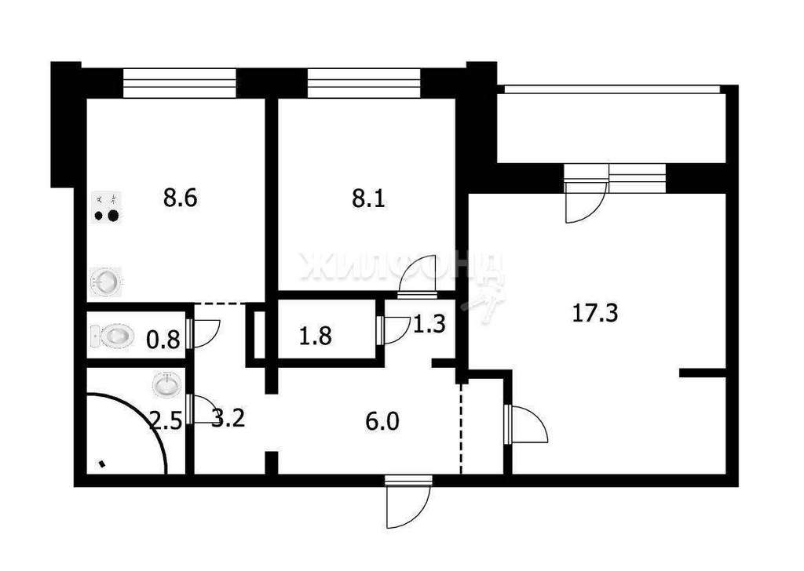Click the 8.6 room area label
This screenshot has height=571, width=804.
[x=181, y=198]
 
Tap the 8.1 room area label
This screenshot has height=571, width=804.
[x=368, y=198]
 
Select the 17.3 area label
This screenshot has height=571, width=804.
[x=595, y=313]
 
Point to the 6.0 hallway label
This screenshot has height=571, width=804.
[x=383, y=422]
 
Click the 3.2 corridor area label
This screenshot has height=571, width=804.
[x=228, y=420]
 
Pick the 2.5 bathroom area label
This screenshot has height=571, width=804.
[x=165, y=422]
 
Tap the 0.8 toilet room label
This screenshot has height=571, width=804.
[x=163, y=340]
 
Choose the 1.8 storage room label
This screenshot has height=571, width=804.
[x=316, y=336]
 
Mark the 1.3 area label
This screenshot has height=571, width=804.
[x=429, y=324]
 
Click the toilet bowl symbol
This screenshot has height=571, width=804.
[x=112, y=336]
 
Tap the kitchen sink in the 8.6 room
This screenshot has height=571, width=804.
[x=106, y=281]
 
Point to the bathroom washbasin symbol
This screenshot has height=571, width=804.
[x=166, y=384]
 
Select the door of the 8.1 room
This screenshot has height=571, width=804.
[x=417, y=277]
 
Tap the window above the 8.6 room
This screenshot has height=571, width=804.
[x=180, y=83]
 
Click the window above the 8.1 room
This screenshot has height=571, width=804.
[x=364, y=83]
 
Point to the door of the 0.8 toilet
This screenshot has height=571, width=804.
[x=203, y=333]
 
